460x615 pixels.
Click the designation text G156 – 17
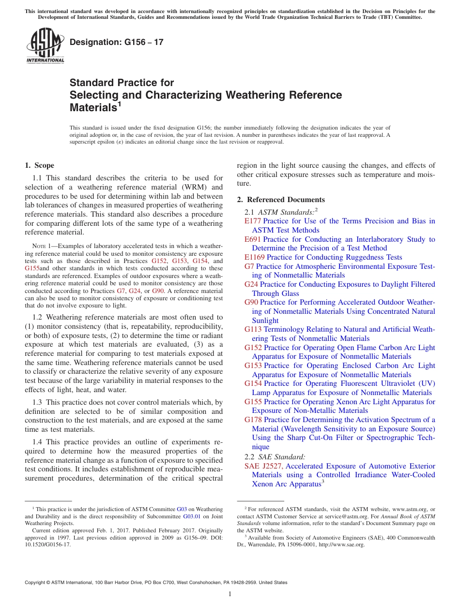116,42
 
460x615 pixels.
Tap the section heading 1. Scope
39,165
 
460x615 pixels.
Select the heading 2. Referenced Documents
281,200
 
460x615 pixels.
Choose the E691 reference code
252,239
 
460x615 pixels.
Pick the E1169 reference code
254,257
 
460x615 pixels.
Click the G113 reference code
253,329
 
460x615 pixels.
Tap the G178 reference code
253,420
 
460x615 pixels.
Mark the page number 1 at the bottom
230,594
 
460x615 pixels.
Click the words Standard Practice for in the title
122,83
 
